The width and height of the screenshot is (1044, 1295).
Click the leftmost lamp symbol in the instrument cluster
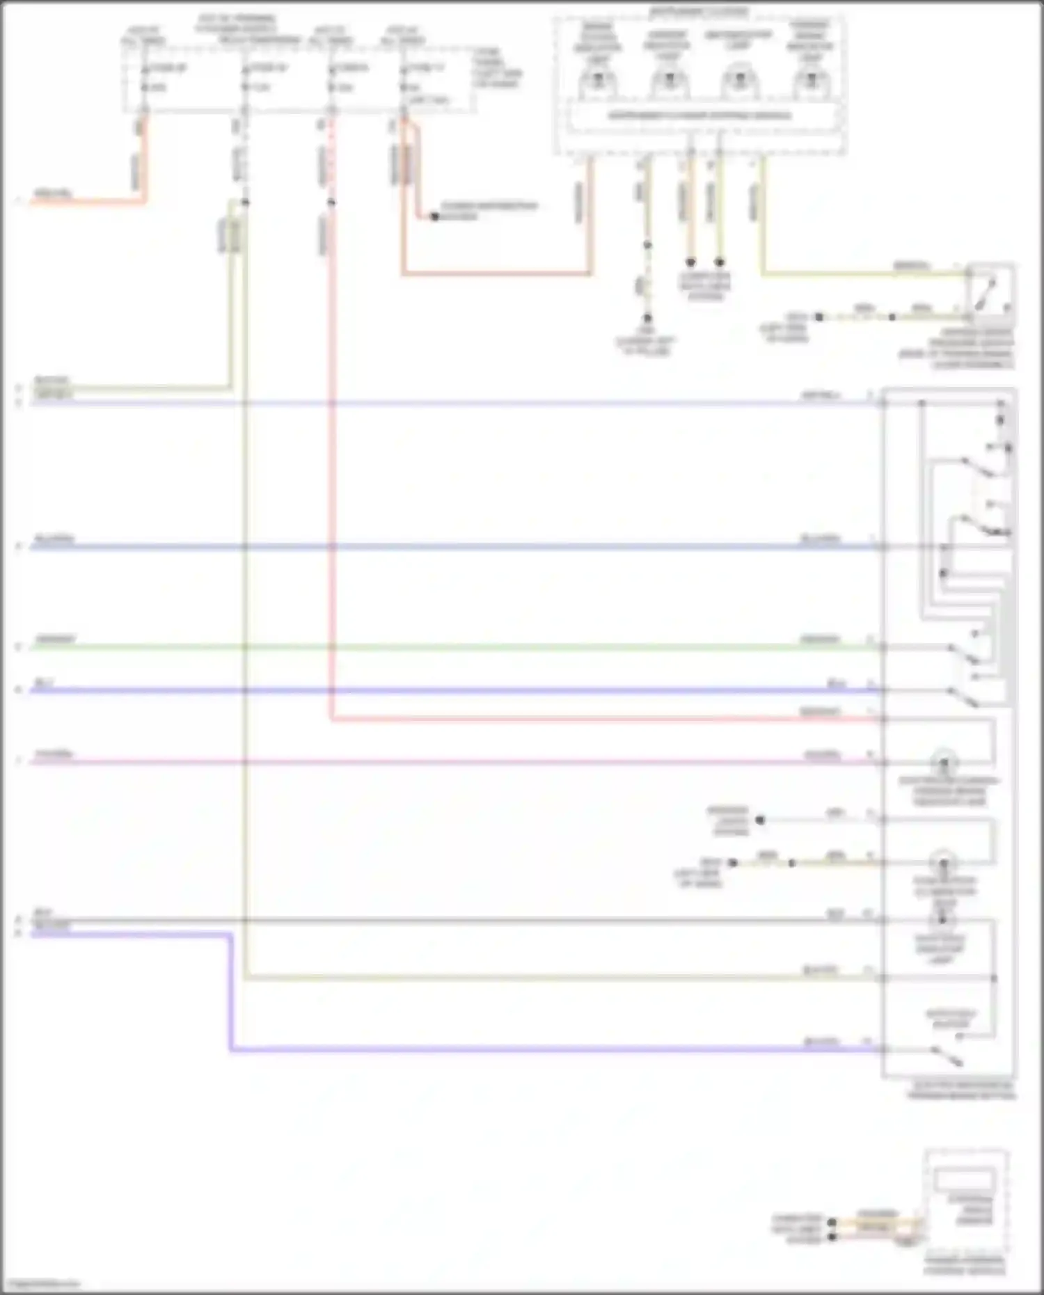[x=597, y=81]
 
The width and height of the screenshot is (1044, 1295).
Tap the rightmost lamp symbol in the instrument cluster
[x=809, y=81]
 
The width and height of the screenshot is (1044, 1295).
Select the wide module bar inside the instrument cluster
[x=699, y=116]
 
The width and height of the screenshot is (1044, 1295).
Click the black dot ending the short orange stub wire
[x=434, y=216]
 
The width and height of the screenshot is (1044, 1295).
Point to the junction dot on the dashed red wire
[x=331, y=202]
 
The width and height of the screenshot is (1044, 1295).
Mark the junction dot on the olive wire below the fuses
[x=245, y=202]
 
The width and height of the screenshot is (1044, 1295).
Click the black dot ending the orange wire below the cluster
[x=690, y=262]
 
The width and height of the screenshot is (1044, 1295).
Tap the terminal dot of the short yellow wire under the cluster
[x=720, y=262]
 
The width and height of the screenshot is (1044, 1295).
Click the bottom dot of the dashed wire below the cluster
[x=647, y=317]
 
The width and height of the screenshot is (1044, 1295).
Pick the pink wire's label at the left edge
[x=54, y=754]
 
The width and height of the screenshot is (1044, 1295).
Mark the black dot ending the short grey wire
[x=760, y=820]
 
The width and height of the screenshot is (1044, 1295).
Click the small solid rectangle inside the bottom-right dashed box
[x=964, y=1180]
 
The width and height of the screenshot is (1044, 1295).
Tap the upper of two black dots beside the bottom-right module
[x=832, y=1222]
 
